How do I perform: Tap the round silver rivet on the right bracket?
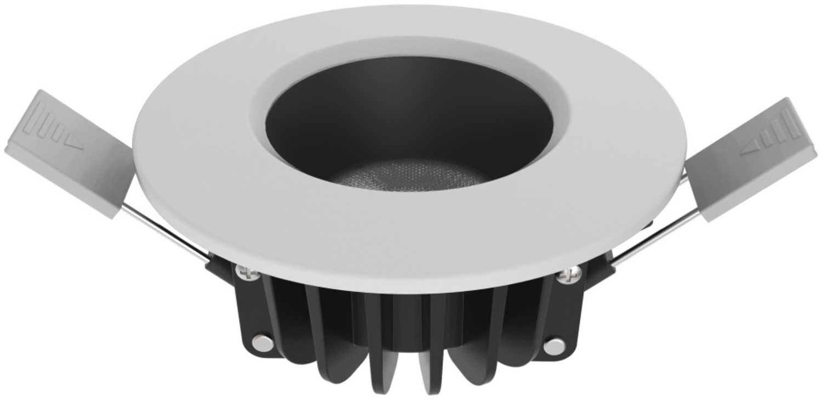tap(555, 345)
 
